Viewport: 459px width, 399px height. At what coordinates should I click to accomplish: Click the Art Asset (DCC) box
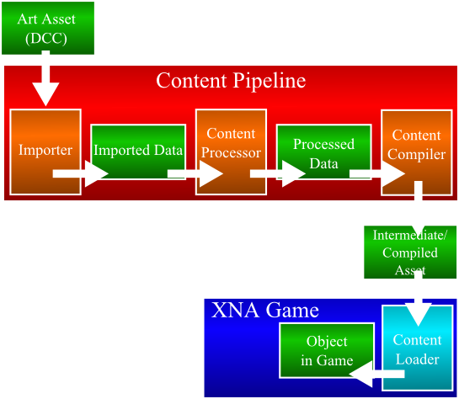coord(46,27)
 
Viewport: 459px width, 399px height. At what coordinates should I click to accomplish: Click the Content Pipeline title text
coord(230,81)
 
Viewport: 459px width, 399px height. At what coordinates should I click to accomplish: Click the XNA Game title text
coord(265,311)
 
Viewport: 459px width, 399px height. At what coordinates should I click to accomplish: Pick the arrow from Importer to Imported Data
coord(80,173)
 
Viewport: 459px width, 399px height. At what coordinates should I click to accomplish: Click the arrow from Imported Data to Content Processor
coord(195,173)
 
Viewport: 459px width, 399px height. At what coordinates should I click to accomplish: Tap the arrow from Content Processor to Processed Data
coord(277,173)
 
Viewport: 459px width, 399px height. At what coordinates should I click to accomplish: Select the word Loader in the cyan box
coord(417,359)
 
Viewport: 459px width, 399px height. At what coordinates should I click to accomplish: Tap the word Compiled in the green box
coord(410,253)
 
